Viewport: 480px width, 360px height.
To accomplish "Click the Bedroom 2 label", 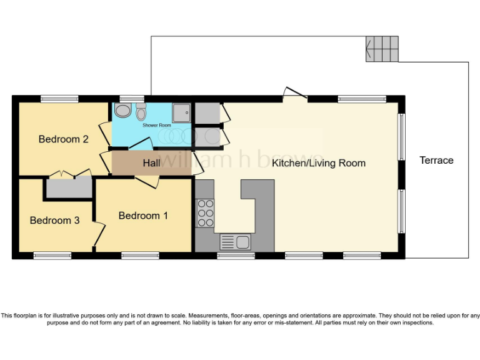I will pyautogui.click(x=63, y=139).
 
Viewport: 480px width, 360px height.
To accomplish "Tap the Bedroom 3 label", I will pyautogui.click(x=54, y=221).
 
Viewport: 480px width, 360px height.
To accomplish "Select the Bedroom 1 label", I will pyautogui.click(x=143, y=216).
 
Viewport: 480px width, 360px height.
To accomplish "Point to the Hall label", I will pyautogui.click(x=151, y=163).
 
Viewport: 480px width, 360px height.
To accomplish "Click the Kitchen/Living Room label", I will pyautogui.click(x=318, y=163).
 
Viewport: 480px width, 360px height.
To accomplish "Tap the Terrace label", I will pyautogui.click(x=436, y=161).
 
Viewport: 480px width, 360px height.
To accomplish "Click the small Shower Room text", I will pyautogui.click(x=156, y=126).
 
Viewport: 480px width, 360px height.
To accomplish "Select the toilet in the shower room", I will pyautogui.click(x=141, y=113).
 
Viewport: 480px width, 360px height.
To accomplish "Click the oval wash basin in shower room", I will pyautogui.click(x=123, y=111).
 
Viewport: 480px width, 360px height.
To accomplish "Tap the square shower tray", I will pyautogui.click(x=182, y=112).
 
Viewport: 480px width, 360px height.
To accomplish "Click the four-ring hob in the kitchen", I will pyautogui.click(x=205, y=212).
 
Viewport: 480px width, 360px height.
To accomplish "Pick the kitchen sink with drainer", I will pyautogui.click(x=234, y=241).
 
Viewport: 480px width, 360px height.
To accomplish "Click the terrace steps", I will pyautogui.click(x=382, y=48).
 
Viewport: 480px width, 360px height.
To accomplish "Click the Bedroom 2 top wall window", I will pyautogui.click(x=60, y=98).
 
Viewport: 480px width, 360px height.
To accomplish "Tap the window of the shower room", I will pyautogui.click(x=132, y=98).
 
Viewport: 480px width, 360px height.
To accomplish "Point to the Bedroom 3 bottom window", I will pyautogui.click(x=52, y=255).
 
